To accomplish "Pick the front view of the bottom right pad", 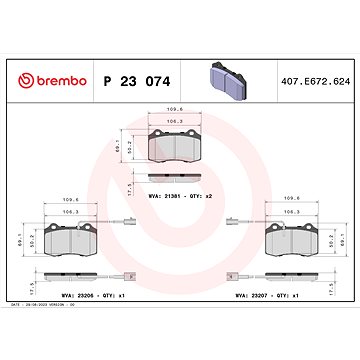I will tap(291, 241).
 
